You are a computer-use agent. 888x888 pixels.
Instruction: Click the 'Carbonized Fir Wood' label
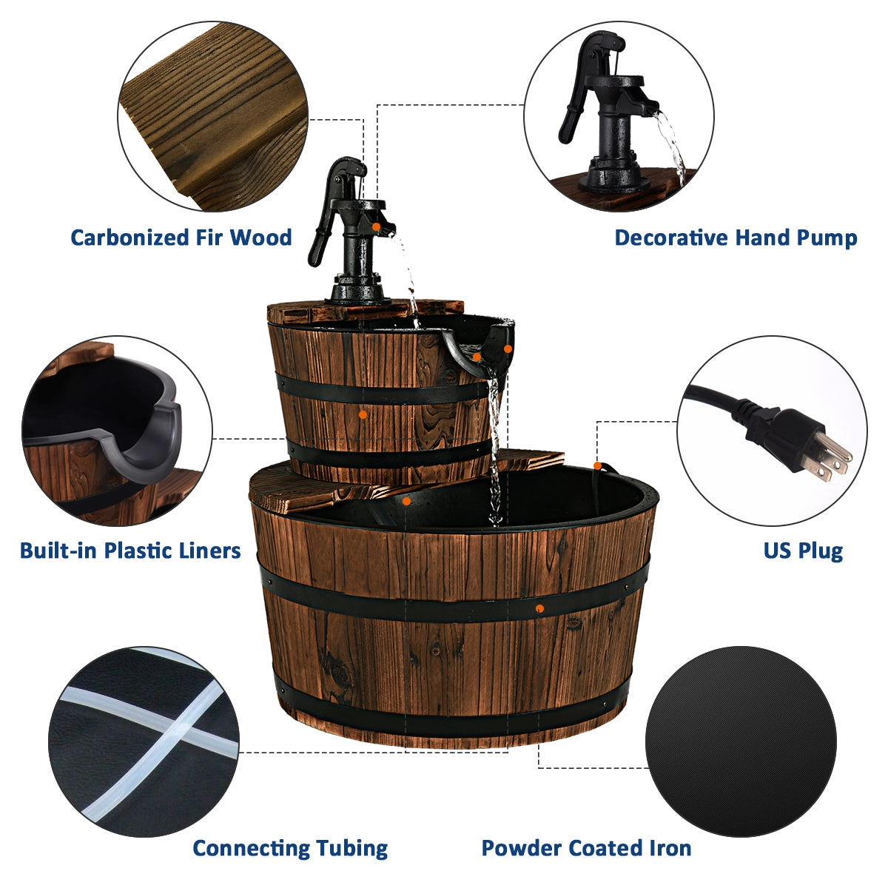click(181, 238)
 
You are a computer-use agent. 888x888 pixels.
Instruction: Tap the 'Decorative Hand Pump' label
click(736, 238)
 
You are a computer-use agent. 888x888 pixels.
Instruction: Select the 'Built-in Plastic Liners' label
click(130, 551)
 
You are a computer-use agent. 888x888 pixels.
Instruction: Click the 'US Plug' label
click(803, 551)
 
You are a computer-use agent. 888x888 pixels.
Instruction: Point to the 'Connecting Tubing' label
click(290, 848)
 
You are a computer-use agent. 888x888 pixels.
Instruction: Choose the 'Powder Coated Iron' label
click(586, 848)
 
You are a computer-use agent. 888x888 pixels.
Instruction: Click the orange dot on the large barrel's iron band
click(540, 608)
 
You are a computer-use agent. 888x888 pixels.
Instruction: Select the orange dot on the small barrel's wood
click(363, 415)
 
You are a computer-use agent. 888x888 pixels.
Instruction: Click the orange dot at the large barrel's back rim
click(597, 465)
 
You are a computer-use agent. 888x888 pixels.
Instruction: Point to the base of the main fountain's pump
click(357, 290)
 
